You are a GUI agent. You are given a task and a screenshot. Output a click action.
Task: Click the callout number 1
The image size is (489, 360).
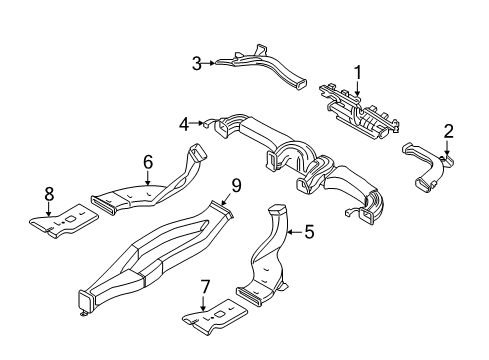coord(356,72)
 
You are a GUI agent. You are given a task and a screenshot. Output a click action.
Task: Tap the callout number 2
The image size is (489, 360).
coord(449,130)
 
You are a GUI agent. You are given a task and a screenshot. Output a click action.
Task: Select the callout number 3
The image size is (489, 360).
coord(197,63)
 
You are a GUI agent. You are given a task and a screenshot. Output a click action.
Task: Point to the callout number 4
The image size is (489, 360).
coord(184,124)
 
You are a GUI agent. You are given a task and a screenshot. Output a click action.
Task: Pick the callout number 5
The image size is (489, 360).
coord(309,232)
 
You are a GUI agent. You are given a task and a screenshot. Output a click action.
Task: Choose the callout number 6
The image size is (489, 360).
coord(147,160)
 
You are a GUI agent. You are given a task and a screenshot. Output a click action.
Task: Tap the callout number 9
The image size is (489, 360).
coord(237,184)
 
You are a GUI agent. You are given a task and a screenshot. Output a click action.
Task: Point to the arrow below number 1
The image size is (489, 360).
coord(356,88)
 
